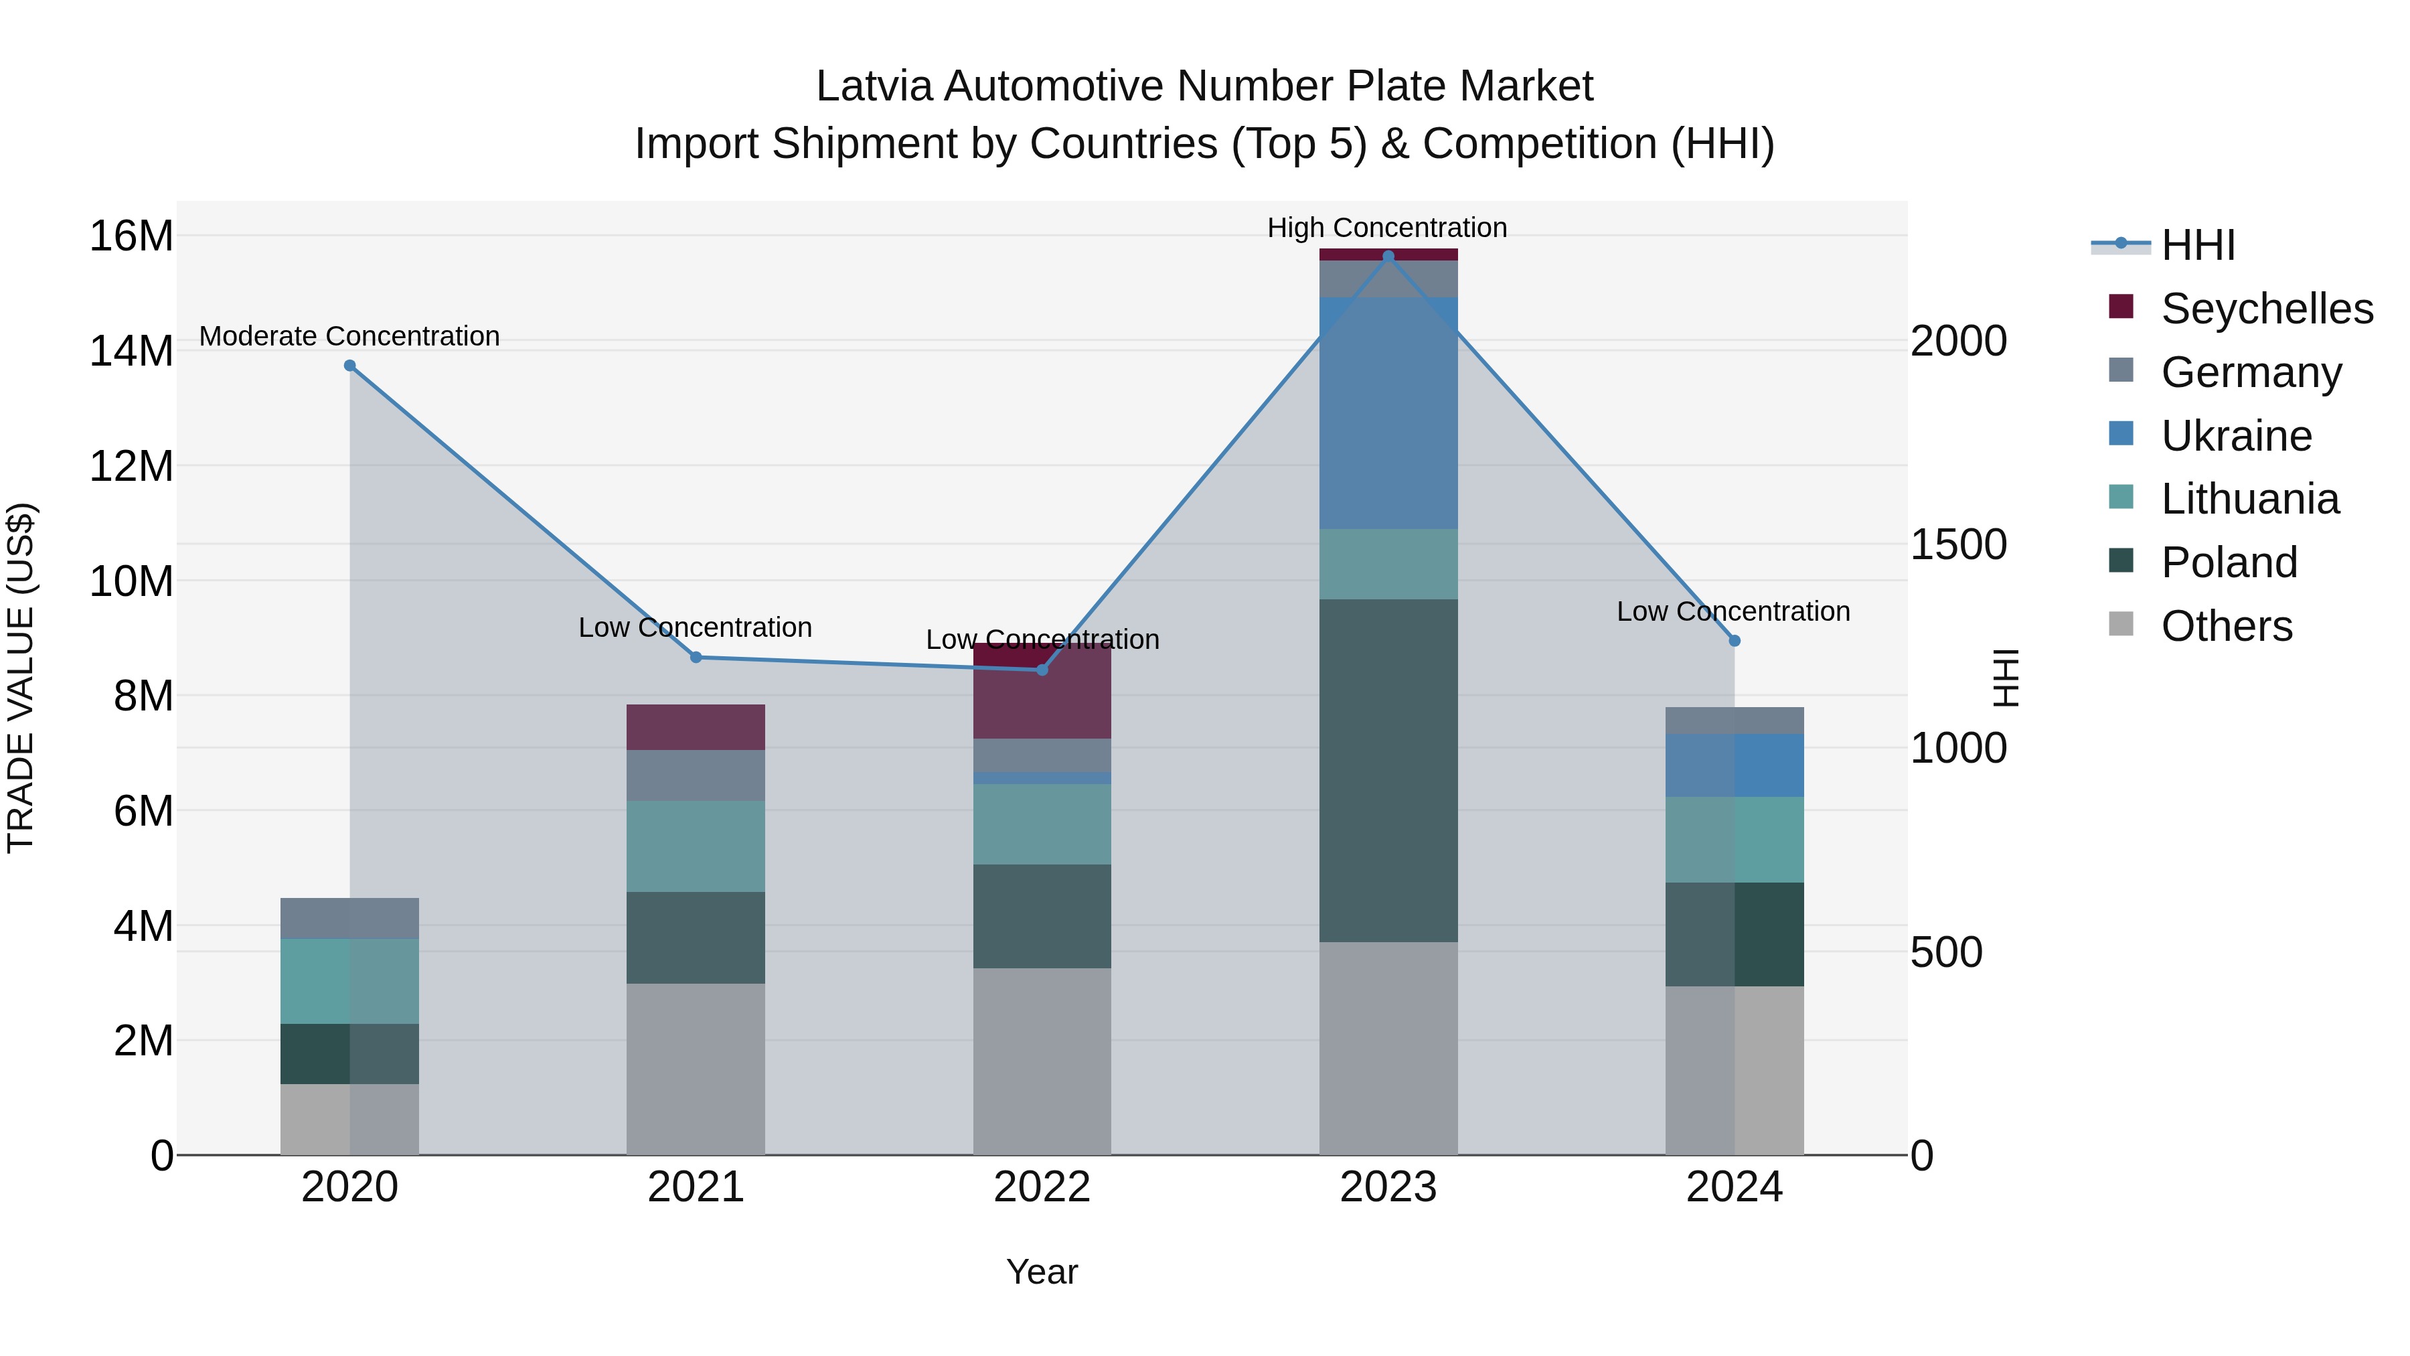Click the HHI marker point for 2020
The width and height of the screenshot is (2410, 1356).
[x=350, y=366]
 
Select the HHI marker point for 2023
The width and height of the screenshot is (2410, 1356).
[x=1388, y=256]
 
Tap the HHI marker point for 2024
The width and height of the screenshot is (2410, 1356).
[x=1735, y=641]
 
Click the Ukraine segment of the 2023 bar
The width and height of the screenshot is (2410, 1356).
[x=1388, y=412]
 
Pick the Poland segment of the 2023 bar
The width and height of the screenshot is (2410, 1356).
[x=1388, y=770]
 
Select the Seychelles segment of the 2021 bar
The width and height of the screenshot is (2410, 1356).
[x=695, y=727]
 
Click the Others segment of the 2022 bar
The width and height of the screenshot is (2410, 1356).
[x=1042, y=1061]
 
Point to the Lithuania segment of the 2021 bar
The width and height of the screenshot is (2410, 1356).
[x=695, y=846]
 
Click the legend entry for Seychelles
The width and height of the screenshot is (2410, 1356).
[x=2266, y=309]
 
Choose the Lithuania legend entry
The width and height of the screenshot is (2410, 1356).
[x=2249, y=499]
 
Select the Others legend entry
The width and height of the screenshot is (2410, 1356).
[x=2226, y=626]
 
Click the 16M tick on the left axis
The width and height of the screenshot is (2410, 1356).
[x=131, y=236]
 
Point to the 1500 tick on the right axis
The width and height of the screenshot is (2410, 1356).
[x=1958, y=544]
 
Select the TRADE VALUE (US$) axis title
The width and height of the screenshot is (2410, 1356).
[x=21, y=678]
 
